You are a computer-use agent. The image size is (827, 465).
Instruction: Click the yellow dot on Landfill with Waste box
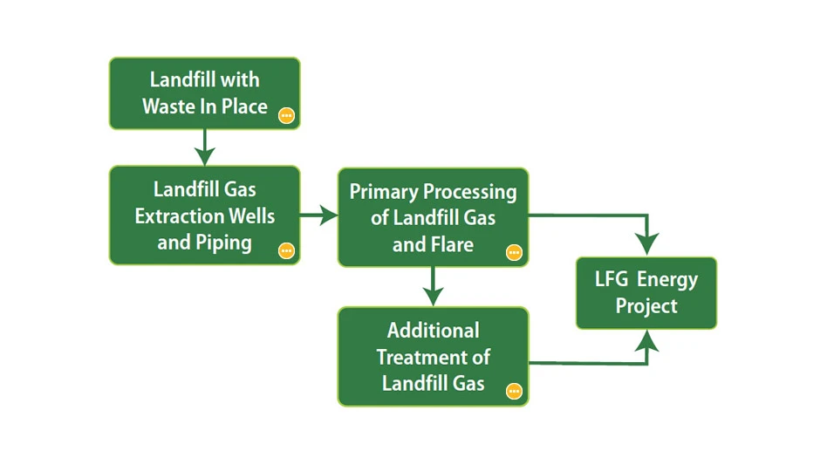(285, 115)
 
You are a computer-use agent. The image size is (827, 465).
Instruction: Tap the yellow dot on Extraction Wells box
(285, 250)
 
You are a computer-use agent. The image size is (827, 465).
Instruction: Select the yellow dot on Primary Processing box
(514, 252)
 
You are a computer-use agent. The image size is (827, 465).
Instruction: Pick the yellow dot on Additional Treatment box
(514, 391)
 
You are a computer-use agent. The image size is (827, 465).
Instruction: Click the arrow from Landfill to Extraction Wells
(204, 150)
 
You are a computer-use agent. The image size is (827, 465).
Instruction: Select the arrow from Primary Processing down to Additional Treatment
(433, 289)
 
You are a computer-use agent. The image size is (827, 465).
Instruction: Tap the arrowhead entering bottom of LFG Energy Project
(646, 343)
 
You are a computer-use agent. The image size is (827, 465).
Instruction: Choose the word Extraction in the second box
(178, 215)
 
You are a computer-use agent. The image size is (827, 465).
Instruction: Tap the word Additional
(433, 331)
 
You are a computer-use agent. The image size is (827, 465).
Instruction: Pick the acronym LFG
(612, 279)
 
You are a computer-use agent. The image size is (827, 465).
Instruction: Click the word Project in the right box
(646, 306)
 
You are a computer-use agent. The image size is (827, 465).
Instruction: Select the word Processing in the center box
(472, 192)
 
